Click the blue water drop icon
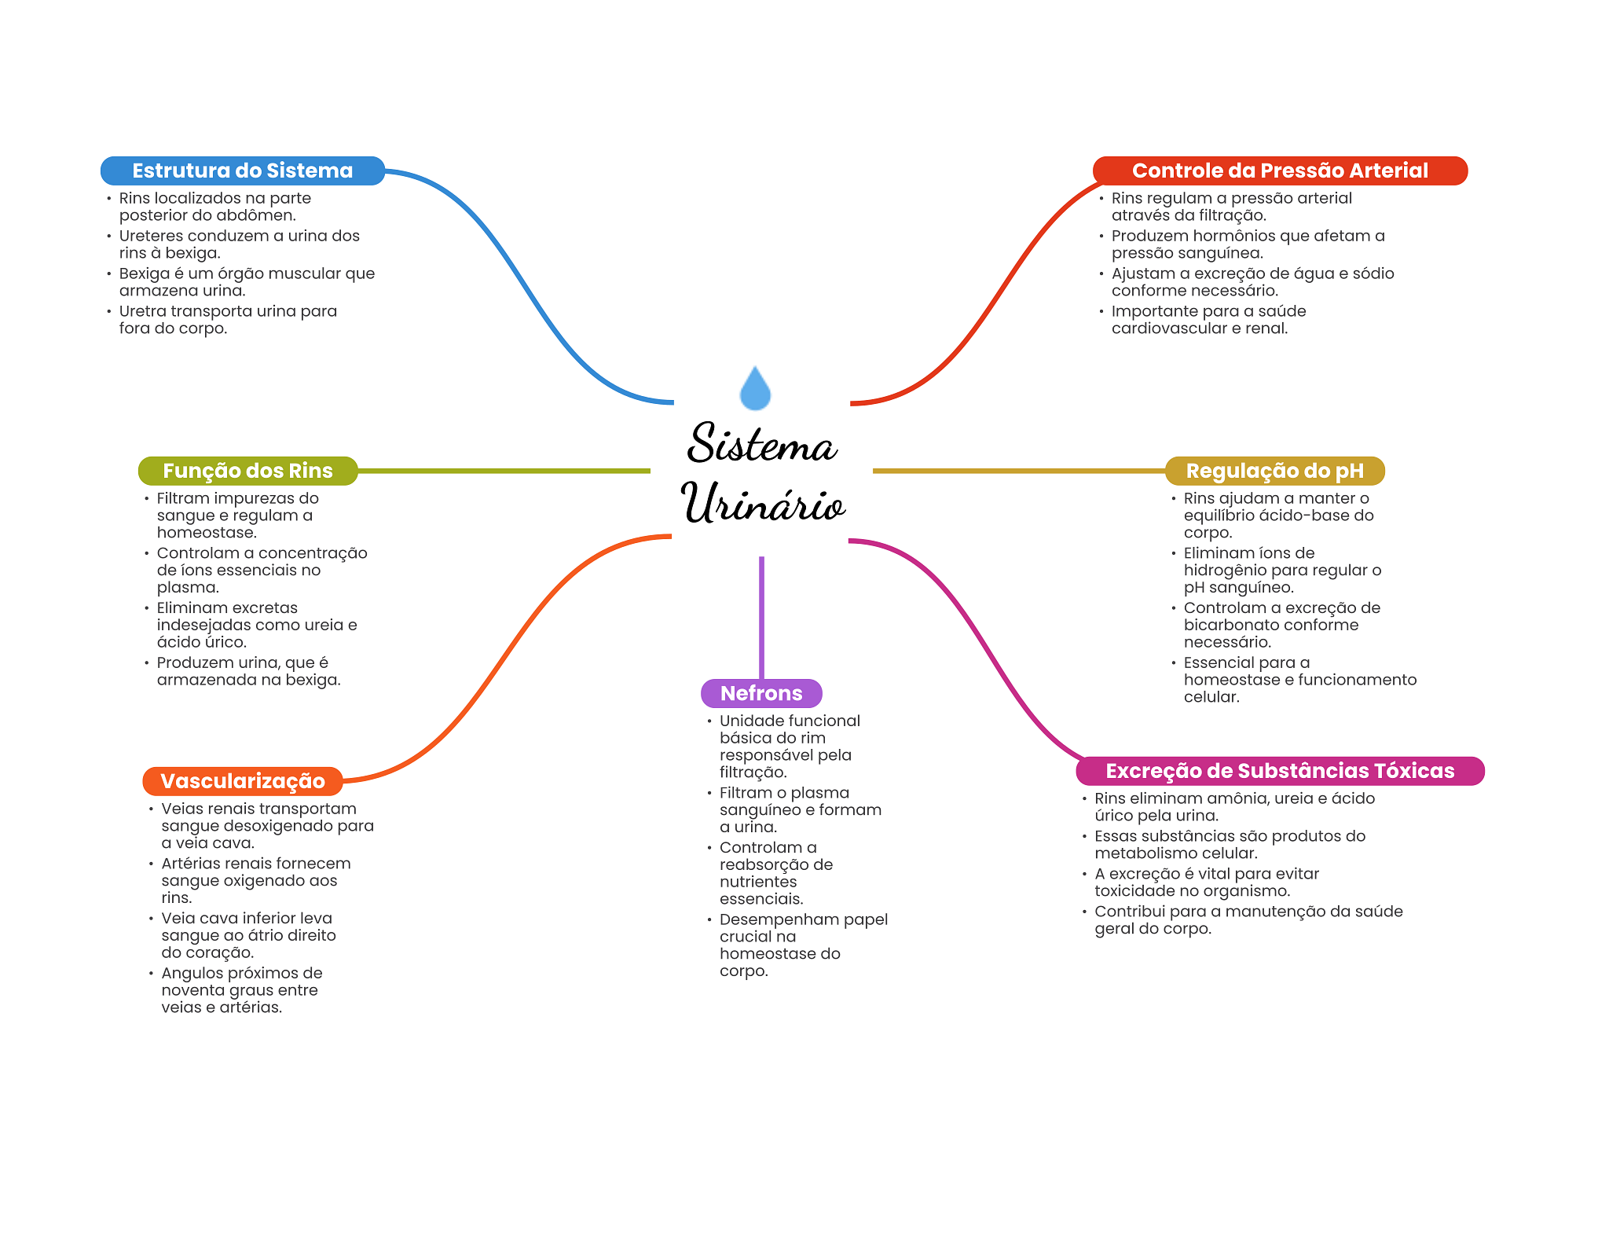click(x=755, y=389)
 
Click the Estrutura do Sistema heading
click(x=242, y=171)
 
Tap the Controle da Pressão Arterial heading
click(x=1279, y=171)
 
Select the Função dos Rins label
click(x=247, y=471)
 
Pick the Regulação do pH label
click(x=1274, y=471)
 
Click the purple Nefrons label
click(x=761, y=693)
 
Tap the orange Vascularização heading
click(x=242, y=781)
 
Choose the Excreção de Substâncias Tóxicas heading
click(x=1279, y=771)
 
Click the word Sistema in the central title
click(x=761, y=444)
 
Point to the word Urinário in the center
click(x=762, y=503)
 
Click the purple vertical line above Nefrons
click(x=761, y=617)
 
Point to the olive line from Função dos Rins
click(x=503, y=471)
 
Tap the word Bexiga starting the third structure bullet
click(x=145, y=273)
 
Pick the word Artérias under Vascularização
click(x=192, y=864)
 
